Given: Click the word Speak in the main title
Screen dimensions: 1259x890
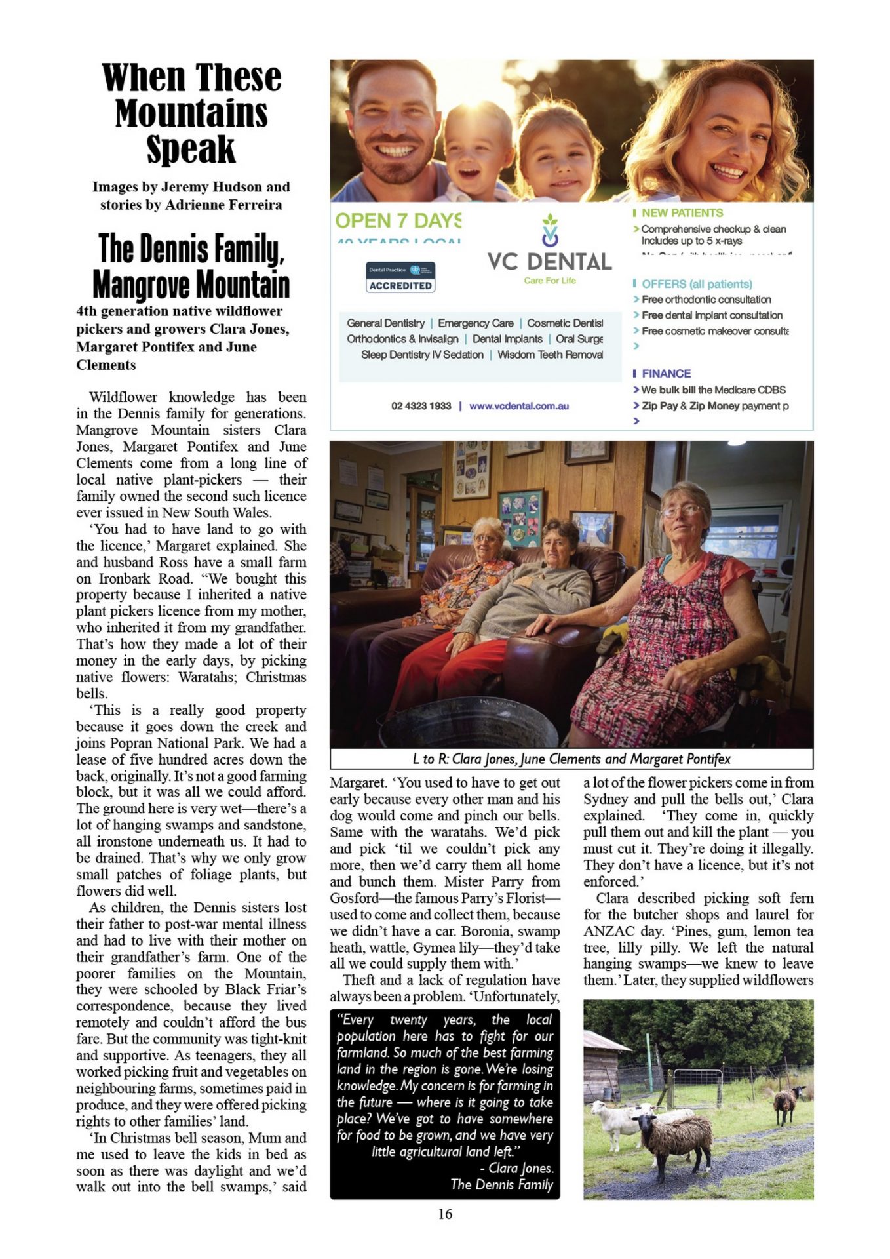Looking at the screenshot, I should [x=191, y=150].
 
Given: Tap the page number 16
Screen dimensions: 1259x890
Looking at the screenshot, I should [x=445, y=1214].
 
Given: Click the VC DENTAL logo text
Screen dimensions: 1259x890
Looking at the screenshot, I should [x=549, y=262].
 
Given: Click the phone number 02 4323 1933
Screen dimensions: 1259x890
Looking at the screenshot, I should [x=421, y=406].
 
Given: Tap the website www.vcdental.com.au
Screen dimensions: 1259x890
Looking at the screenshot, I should [x=518, y=406].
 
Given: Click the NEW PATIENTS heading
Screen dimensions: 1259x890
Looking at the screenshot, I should [x=682, y=213].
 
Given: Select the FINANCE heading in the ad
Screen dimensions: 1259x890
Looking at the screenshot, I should [x=666, y=374].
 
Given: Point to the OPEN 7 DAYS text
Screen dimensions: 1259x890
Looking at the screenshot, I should [x=398, y=221].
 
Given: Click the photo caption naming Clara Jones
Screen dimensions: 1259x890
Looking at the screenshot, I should [x=571, y=759].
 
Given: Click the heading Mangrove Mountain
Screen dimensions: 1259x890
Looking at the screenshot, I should [x=191, y=284].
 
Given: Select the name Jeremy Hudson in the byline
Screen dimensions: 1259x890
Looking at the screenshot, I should [x=211, y=187].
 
